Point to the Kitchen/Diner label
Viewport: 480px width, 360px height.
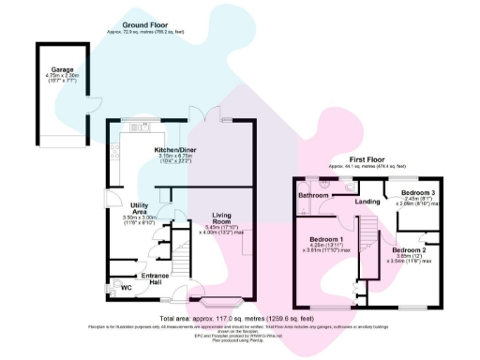(x=176, y=149)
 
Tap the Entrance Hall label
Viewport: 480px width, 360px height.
(x=155, y=277)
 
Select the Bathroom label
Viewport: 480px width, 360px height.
(x=313, y=195)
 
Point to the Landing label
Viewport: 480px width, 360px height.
(x=367, y=201)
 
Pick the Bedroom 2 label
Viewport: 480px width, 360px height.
(x=409, y=251)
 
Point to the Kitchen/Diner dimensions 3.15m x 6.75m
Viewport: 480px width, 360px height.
(x=176, y=156)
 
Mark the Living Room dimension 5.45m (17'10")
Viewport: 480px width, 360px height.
(x=220, y=227)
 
